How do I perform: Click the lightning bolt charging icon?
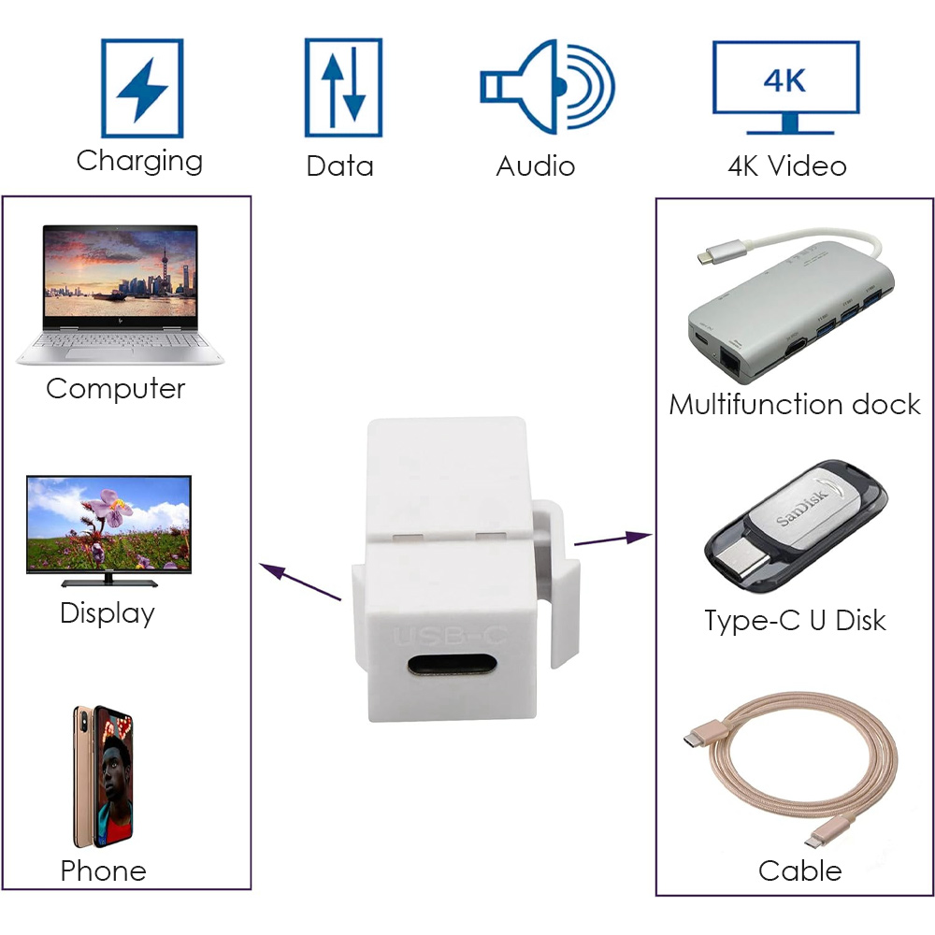pos(142,88)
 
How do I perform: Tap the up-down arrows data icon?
pos(343,88)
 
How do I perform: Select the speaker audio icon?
pos(547,86)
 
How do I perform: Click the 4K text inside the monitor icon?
pos(784,80)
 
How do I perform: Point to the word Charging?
pos(139,161)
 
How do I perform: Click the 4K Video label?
pos(786,165)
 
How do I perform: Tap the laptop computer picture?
pos(120,294)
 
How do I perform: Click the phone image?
pos(103,777)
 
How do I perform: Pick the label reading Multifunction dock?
pos(795,404)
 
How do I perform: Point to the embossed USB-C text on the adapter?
pos(451,636)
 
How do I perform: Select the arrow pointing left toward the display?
pos(300,582)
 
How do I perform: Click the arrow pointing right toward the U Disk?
pos(613,539)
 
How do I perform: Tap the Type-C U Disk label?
pos(795,621)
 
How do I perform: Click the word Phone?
pos(103,871)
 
